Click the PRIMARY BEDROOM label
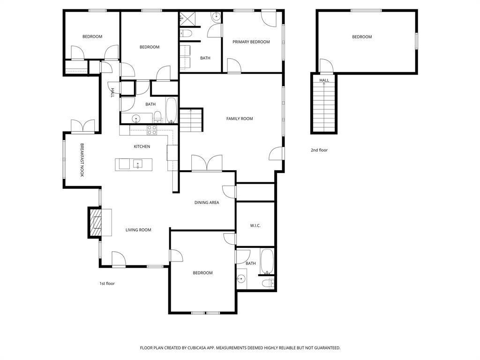251,42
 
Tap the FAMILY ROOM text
240,119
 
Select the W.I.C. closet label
255,226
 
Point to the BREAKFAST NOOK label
82,160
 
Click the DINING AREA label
207,203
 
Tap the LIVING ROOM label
138,230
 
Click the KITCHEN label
142,147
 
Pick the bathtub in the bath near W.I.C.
267,262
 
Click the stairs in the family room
191,120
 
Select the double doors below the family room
207,163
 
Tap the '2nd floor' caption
319,150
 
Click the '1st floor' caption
107,284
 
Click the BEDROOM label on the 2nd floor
362,37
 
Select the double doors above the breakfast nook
83,126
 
